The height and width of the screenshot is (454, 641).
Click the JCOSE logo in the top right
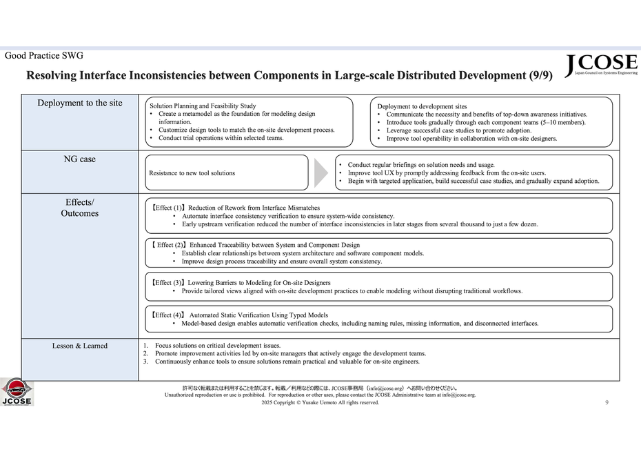[601, 65]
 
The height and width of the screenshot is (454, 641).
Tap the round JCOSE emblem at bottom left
[17, 391]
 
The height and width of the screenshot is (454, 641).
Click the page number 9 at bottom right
[607, 402]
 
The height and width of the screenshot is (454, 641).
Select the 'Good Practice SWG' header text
[44, 56]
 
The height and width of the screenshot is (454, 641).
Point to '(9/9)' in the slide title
[541, 75]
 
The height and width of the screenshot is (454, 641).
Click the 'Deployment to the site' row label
[80, 103]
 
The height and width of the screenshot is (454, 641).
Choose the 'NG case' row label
[80, 159]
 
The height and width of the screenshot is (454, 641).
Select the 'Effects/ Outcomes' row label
[80, 208]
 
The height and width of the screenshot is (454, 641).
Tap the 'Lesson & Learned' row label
[80, 346]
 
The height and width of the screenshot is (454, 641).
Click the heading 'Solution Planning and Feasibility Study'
[203, 106]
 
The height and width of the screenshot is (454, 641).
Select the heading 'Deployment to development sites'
[422, 106]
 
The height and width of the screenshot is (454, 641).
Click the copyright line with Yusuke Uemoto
[320, 402]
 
